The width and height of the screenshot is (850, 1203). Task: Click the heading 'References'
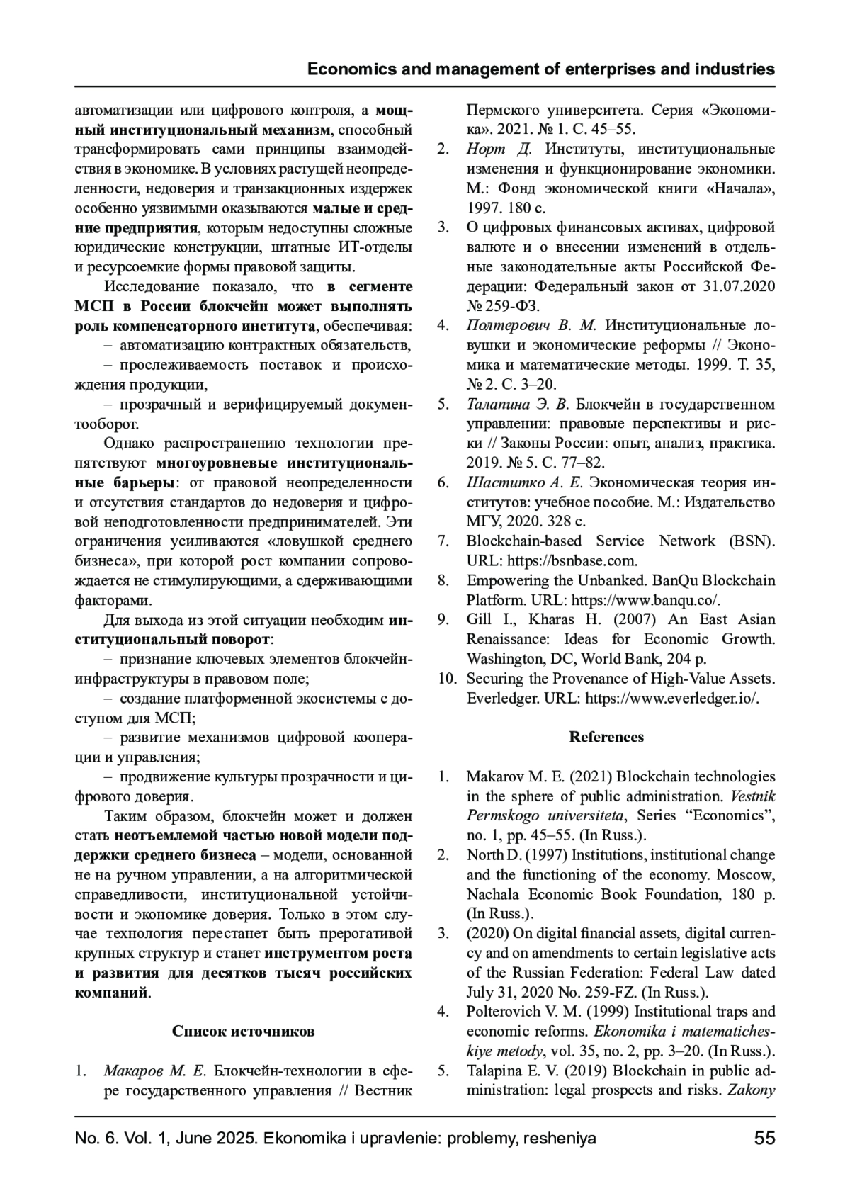[x=606, y=737]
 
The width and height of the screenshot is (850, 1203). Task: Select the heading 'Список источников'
[x=243, y=1031]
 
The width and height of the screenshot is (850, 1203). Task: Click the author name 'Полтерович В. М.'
[x=531, y=326]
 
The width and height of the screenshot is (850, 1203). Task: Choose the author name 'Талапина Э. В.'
[x=517, y=405]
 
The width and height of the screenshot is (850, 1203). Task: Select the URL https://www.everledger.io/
[x=673, y=698]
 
